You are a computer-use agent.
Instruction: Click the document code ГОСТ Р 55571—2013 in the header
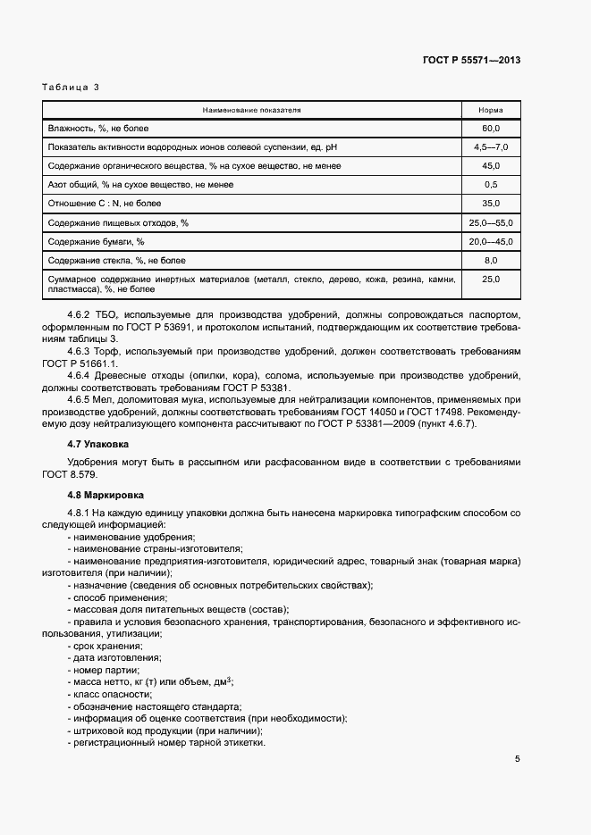coord(471,60)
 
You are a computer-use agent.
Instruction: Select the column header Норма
coord(490,110)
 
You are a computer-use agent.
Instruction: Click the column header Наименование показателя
coord(251,110)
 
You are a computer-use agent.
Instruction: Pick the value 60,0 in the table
coord(490,129)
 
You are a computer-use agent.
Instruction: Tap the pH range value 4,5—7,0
coord(490,147)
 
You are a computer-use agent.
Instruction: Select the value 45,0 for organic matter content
coord(490,166)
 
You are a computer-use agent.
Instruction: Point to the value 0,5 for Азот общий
coord(490,185)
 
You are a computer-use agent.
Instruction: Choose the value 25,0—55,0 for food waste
coord(490,222)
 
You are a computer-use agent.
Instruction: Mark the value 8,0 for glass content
coord(490,260)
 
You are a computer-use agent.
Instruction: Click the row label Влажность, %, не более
coord(104,129)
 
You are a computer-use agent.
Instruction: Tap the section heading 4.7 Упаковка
coord(98,443)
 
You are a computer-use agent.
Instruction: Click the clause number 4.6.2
coord(80,317)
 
